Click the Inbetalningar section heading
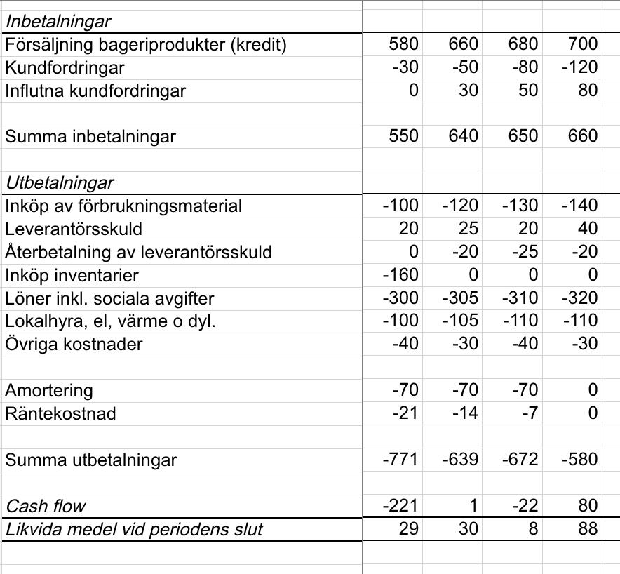(x=58, y=22)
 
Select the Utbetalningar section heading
(x=60, y=183)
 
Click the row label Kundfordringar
(x=65, y=68)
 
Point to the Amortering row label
(x=49, y=391)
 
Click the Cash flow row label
(x=45, y=506)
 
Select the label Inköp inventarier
(x=72, y=275)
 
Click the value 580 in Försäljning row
(x=403, y=45)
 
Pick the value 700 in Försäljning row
(x=583, y=45)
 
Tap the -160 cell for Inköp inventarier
(x=400, y=275)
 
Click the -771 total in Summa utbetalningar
(x=400, y=460)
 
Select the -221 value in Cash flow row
(x=400, y=506)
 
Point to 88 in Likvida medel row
(x=587, y=528)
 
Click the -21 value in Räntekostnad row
(x=405, y=413)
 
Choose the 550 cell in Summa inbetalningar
(x=403, y=137)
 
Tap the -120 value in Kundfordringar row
(x=580, y=68)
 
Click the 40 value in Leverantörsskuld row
(x=588, y=229)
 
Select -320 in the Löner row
(x=580, y=298)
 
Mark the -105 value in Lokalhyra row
(x=461, y=321)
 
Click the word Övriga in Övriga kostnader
(x=29, y=345)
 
